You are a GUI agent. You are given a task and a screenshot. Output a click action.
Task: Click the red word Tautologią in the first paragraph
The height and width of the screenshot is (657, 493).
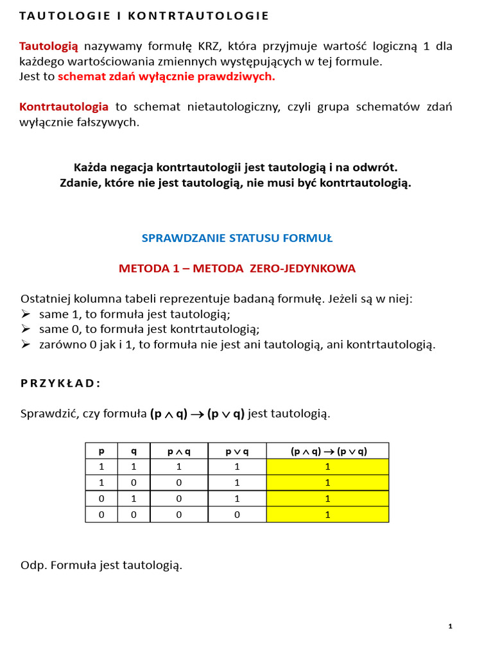tap(49, 46)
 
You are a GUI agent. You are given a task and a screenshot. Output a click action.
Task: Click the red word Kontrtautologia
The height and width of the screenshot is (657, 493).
tap(64, 107)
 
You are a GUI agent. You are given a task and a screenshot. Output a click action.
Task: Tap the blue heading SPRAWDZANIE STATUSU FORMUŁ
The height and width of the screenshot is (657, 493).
tap(237, 238)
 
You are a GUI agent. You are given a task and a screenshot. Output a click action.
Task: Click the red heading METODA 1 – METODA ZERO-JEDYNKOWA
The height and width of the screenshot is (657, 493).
tap(237, 269)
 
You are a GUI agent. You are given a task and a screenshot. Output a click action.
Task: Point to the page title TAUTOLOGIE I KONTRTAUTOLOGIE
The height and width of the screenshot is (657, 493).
tap(144, 15)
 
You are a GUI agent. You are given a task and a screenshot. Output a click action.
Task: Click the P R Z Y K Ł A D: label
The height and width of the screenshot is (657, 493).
tap(60, 383)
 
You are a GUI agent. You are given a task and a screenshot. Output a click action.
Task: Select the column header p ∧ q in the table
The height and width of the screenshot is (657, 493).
tap(178, 451)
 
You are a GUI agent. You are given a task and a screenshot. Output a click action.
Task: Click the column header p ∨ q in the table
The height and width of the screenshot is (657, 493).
tap(237, 451)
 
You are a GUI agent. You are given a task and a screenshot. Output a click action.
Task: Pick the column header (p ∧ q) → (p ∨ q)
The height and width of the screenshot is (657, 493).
tap(328, 451)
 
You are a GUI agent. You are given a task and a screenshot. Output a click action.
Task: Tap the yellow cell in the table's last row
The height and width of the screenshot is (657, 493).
tap(328, 515)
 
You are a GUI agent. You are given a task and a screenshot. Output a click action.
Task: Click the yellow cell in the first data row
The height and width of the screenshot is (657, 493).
tap(328, 466)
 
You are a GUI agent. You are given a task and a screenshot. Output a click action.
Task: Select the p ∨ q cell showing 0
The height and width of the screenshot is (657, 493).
tap(237, 515)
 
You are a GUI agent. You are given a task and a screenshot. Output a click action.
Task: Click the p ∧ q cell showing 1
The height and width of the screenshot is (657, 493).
tap(178, 466)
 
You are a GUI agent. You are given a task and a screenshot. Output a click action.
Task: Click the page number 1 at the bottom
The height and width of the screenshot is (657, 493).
tap(451, 626)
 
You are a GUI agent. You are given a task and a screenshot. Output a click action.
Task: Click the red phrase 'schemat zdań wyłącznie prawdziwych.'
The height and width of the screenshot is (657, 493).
tap(166, 76)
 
